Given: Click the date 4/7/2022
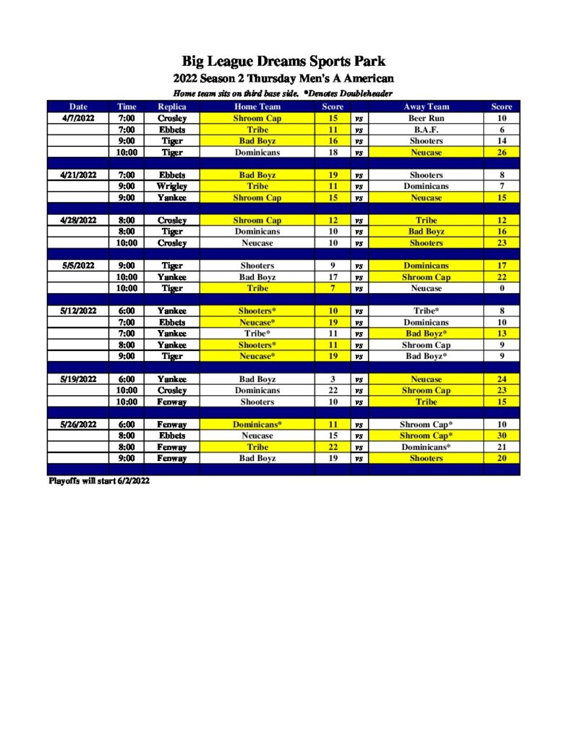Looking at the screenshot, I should [78, 118].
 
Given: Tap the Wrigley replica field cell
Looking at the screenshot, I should [172, 186].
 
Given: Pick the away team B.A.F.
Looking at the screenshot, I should [426, 130].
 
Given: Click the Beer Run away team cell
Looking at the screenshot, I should [426, 118].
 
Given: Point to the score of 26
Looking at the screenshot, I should [501, 153].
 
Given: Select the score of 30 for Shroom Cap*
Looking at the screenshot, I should [501, 436].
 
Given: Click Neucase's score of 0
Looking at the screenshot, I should [501, 288].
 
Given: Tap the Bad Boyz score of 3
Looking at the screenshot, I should [333, 379].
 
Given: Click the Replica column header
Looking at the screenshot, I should [172, 106].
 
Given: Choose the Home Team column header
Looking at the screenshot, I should [257, 106].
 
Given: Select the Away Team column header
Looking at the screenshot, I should [426, 106].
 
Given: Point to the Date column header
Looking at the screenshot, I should [78, 106].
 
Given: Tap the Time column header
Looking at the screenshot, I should [126, 106].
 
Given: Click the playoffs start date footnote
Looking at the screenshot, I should [99, 480].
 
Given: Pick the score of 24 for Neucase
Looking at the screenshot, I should [501, 379].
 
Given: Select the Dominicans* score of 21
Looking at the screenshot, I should [501, 447].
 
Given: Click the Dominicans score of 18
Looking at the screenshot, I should [333, 153].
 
